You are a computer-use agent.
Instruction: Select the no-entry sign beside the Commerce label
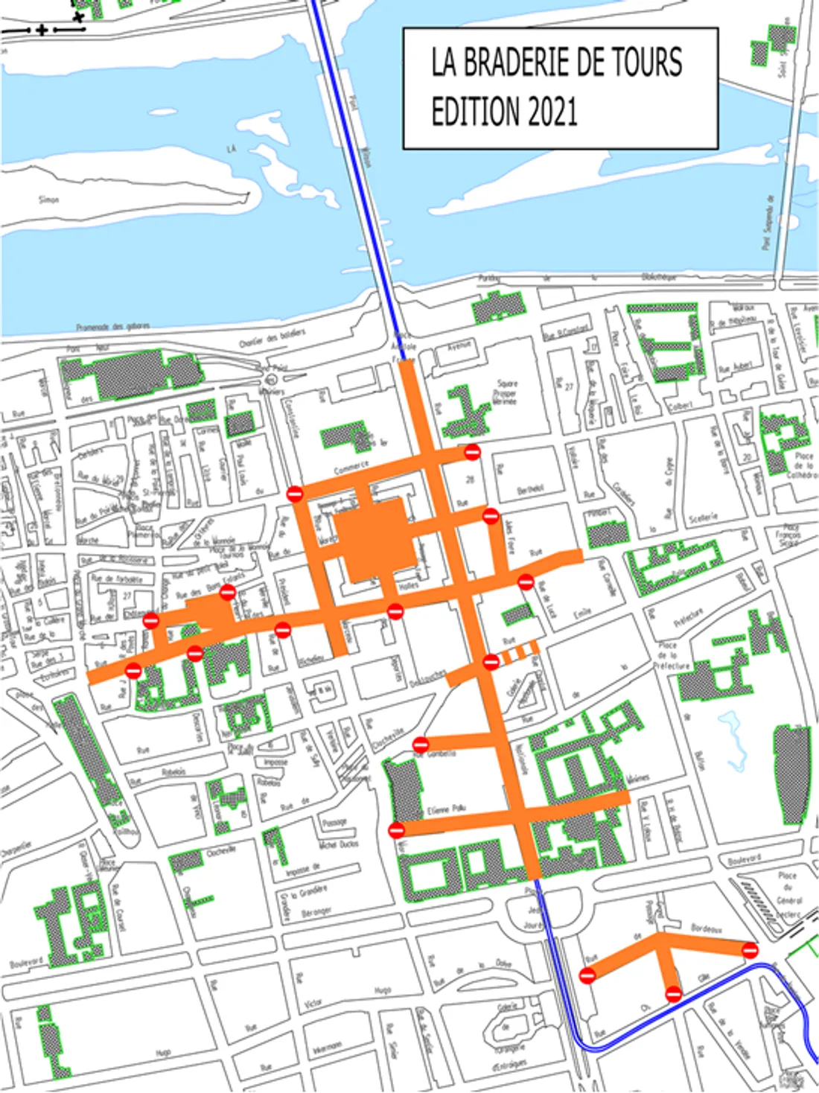coord(295,494)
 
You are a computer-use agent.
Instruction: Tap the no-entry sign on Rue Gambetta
coord(421,744)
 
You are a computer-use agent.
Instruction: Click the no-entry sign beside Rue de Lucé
coord(526,581)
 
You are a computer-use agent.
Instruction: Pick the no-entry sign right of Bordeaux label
coord(750,950)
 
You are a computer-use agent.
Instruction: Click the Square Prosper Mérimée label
coord(506,392)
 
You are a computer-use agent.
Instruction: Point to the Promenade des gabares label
coord(112,327)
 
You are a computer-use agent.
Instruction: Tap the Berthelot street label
coord(530,489)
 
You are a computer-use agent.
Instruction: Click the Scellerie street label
coord(704,517)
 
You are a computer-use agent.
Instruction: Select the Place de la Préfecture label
coord(669,656)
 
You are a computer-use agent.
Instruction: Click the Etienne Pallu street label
coord(447,809)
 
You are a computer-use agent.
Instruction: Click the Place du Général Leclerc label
coord(788,894)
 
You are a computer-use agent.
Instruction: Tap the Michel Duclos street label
coord(339,844)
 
